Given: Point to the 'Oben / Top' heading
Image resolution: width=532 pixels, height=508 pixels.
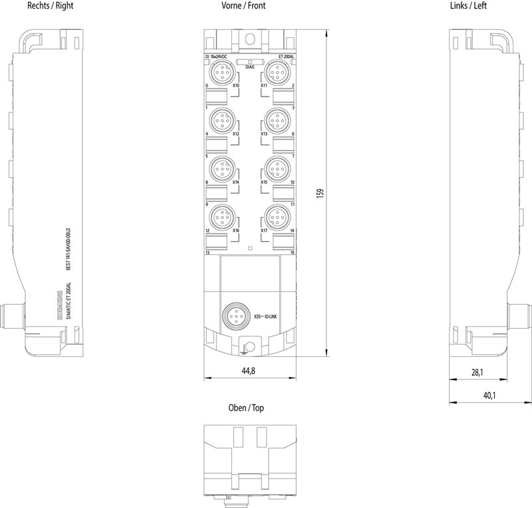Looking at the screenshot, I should pyautogui.click(x=249, y=408).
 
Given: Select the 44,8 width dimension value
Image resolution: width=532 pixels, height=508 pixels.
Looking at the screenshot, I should pyautogui.click(x=249, y=370).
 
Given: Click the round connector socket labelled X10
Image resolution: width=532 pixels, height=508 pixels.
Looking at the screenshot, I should pyautogui.click(x=221, y=71).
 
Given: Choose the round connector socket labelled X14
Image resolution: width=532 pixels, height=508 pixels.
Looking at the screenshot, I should pyautogui.click(x=221, y=167).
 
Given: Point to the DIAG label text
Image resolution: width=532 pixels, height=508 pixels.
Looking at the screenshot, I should pyautogui.click(x=249, y=67).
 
